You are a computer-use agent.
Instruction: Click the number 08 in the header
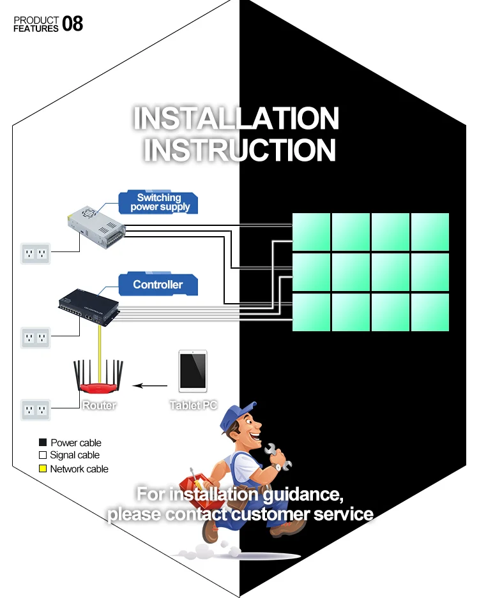coord(72,24)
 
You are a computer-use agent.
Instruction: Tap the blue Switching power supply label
coord(159,202)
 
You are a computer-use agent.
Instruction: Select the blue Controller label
coord(158,285)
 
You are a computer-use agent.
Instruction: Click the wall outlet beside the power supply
coord(35,254)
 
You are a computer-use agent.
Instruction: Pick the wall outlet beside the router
coord(35,409)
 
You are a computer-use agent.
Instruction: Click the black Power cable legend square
coord(43,442)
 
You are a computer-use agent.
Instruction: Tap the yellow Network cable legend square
coord(43,469)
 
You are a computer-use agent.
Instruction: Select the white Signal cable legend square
coord(43,456)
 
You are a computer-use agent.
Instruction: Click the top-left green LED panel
coord(311,232)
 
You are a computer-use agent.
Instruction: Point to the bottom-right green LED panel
coord(430,312)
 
